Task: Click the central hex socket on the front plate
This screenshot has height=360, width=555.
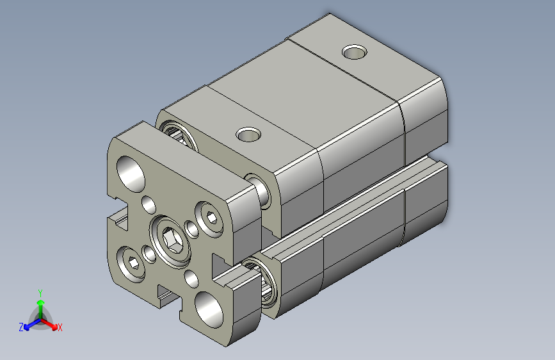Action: pos(171,241)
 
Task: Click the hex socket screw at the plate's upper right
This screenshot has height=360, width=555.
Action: pos(209,216)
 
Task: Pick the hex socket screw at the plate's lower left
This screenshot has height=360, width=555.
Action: pos(131,263)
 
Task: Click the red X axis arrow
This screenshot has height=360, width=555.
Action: pos(52,323)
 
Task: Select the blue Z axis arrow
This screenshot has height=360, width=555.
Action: pos(28,325)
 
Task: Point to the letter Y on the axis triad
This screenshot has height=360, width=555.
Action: pos(40,291)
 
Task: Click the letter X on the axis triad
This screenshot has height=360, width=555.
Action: pos(60,327)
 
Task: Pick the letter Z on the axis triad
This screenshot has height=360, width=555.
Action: pos(21,327)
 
